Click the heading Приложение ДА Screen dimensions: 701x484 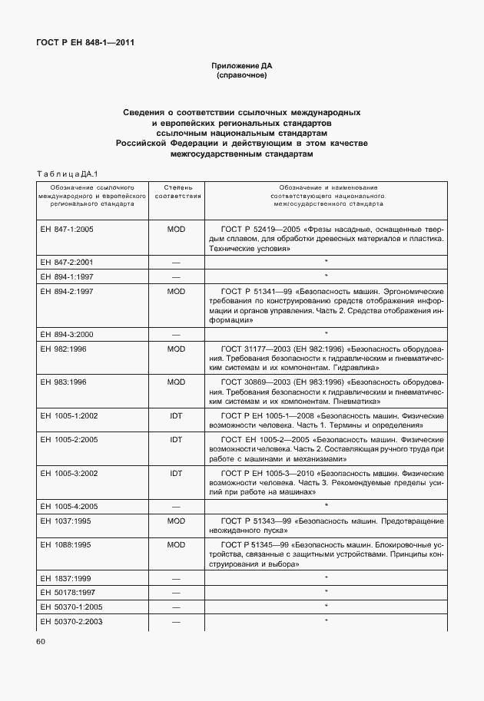coord(242,67)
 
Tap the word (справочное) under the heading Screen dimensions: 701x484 coord(242,76)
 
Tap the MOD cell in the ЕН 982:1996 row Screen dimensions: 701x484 coord(177,349)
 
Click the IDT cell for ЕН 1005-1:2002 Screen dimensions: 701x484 coord(177,415)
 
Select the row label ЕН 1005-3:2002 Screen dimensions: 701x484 coord(68,473)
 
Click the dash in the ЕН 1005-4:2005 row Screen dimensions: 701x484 coord(177,506)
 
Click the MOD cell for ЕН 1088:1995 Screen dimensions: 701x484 coord(177,544)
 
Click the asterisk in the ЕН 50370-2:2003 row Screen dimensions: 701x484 coord(327,620)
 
